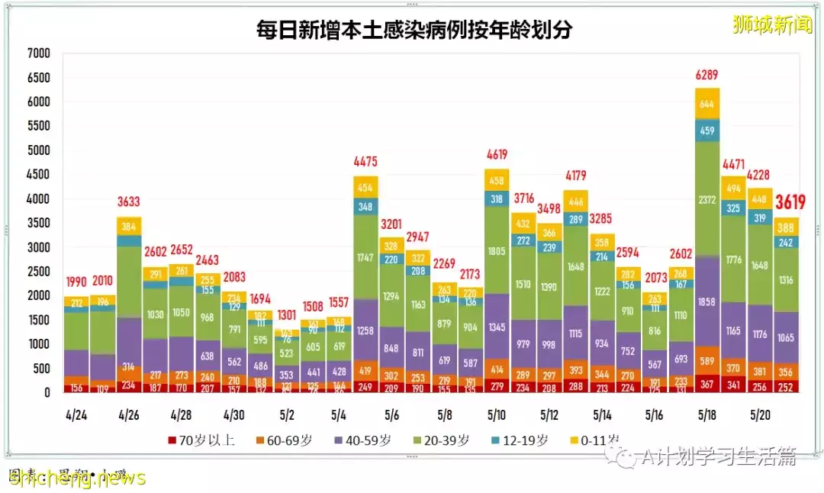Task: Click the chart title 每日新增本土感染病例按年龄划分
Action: pos(414,30)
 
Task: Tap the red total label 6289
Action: pos(707,76)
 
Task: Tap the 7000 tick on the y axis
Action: pos(37,53)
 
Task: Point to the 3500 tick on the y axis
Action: pos(37,223)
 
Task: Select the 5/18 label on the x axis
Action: pos(707,414)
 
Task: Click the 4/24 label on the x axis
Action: pos(76,414)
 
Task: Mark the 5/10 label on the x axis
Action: pos(496,414)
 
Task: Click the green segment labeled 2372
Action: pos(707,200)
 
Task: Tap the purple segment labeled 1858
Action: pos(707,302)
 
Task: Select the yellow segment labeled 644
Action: pos(707,104)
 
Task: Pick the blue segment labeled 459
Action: pos(707,130)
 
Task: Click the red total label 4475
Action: pos(365,162)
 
